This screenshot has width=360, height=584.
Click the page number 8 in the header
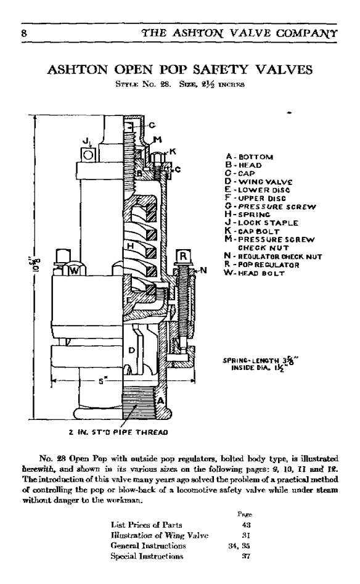tap(24, 33)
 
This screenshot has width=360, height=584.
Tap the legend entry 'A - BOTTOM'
tap(248, 157)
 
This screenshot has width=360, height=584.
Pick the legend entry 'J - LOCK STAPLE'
tap(261, 223)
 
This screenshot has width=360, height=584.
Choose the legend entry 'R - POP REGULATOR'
tap(262, 265)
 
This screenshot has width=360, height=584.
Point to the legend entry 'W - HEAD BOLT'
tap(255, 273)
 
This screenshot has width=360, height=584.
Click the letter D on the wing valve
tap(131, 350)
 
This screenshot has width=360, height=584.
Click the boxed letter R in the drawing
tap(183, 256)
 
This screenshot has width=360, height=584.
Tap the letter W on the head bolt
tap(74, 271)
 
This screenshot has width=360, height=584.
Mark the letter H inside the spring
tap(130, 246)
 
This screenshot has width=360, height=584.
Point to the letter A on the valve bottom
tap(160, 401)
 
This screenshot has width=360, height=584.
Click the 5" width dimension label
tap(100, 381)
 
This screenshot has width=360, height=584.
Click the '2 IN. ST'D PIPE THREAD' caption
tap(118, 432)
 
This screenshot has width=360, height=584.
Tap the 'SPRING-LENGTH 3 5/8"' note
tap(261, 360)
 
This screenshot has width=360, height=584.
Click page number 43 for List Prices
tap(246, 525)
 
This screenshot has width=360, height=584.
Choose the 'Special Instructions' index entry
tap(147, 556)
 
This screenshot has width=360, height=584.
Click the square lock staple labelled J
tap(88, 154)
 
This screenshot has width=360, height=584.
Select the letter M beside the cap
tap(157, 139)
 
